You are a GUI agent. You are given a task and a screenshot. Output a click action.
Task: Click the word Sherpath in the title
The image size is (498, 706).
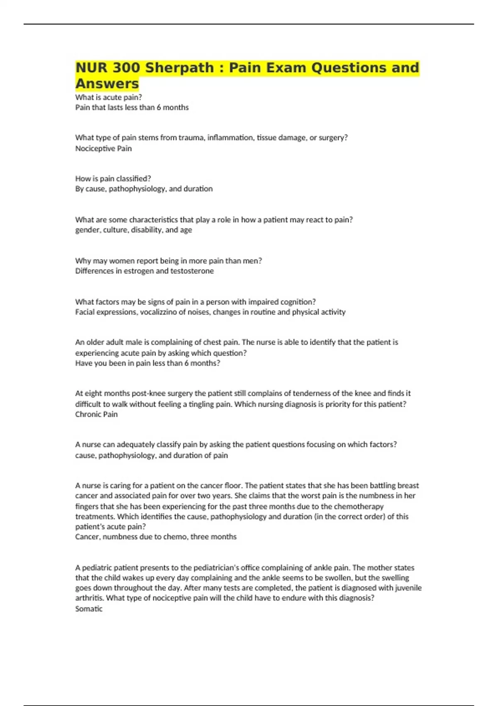coord(179,68)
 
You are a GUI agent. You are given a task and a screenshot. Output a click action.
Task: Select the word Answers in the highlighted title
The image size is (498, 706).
coord(107,83)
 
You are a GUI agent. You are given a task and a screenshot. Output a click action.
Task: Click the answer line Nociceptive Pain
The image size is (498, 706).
coord(103,148)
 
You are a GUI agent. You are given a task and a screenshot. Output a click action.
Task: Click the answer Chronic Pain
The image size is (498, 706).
coord(96,414)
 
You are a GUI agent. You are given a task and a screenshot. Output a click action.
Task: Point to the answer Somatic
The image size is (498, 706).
coord(89,609)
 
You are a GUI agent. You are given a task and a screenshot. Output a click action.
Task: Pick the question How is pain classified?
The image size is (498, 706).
coord(113,179)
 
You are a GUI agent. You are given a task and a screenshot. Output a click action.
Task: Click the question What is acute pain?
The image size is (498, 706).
coord(108,97)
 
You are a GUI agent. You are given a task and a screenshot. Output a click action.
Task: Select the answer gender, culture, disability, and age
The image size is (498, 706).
coord(134,230)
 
